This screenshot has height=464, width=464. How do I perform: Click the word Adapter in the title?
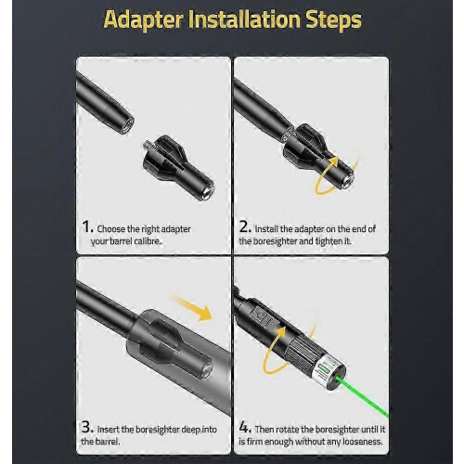click(x=144, y=20)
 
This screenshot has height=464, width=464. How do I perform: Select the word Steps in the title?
click(x=334, y=20)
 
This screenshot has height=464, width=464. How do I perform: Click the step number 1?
click(x=88, y=227)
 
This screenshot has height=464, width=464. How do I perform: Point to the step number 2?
click(x=245, y=227)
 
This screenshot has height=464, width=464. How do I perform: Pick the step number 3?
click(x=87, y=428)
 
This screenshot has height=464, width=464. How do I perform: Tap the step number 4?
click(x=245, y=428)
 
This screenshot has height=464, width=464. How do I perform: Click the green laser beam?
click(x=365, y=395)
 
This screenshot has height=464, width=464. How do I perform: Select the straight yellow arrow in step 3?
click(x=191, y=308)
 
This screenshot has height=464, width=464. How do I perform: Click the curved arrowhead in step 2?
click(x=333, y=161)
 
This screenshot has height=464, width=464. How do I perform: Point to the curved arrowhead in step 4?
click(x=279, y=332)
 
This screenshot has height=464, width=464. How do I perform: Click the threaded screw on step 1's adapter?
click(x=148, y=146)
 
